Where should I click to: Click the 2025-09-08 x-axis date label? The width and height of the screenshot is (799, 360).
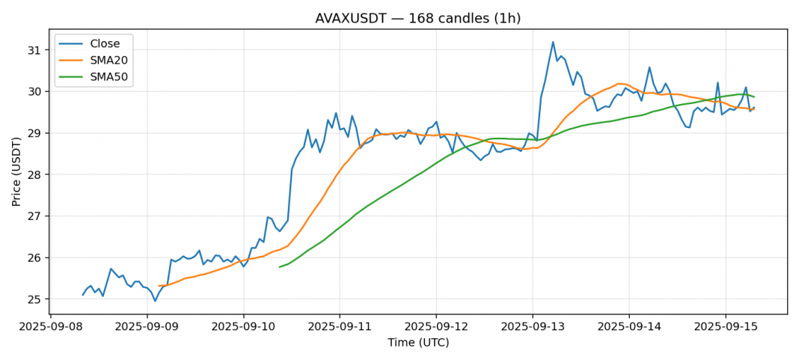[51, 328]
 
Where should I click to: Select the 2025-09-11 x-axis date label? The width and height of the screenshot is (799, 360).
[340, 328]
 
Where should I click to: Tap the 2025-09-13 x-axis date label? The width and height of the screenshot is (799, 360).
[533, 328]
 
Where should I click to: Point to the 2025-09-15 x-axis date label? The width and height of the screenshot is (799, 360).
[725, 328]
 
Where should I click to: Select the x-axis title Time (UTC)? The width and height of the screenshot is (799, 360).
[418, 343]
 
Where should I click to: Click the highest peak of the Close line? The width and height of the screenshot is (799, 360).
[553, 42]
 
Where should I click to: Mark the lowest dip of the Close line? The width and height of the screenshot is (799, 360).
[155, 301]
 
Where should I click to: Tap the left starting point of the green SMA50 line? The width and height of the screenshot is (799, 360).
[279, 266]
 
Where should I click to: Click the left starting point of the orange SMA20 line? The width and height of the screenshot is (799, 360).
[159, 286]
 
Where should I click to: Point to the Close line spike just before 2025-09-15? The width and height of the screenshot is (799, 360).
[717, 83]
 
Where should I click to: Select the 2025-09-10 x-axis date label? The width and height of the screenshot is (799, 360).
[243, 328]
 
